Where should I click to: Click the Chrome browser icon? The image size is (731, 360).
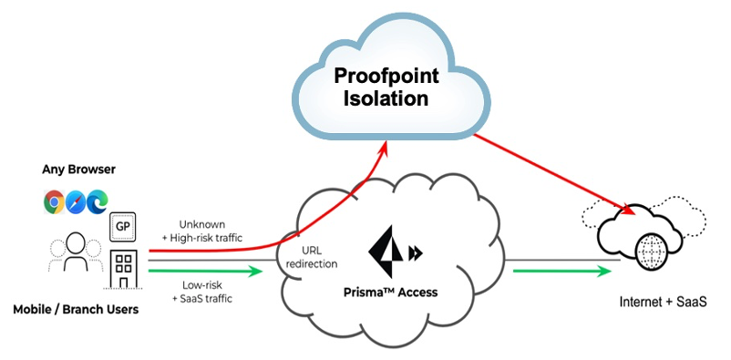pos(53,201)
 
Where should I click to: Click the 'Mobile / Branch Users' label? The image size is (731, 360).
pos(76,310)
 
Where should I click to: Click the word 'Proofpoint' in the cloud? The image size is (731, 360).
pos(385,77)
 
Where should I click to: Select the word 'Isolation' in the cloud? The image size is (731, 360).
pos(385,98)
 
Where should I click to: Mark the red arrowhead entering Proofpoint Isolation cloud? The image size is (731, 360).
pos(386,146)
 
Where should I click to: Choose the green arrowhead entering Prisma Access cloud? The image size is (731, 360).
pos(266,270)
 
